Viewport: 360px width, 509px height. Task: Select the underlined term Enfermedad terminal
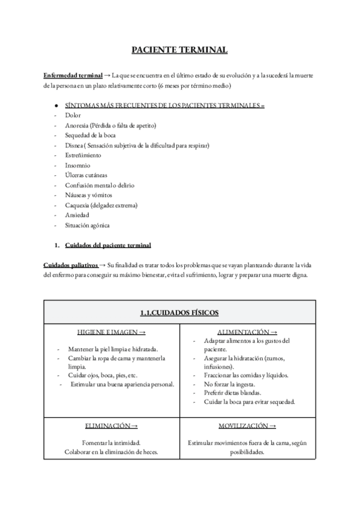pyautogui.click(x=73, y=75)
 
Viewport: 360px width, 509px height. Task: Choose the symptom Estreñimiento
pyautogui.click(x=83, y=155)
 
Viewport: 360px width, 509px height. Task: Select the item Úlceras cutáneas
pyautogui.click(x=86, y=175)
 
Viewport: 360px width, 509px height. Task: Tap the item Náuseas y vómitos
pyautogui.click(x=88, y=195)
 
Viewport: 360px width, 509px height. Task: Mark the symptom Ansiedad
pyautogui.click(x=77, y=215)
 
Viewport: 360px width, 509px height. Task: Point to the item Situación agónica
pyautogui.click(x=88, y=225)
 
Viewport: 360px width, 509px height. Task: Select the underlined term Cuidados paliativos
pyautogui.click(x=70, y=265)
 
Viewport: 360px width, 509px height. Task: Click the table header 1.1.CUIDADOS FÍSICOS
pyautogui.click(x=179, y=312)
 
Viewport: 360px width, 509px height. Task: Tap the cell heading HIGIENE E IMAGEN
pyautogui.click(x=111, y=333)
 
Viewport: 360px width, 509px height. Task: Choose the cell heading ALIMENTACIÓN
pyautogui.click(x=247, y=332)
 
